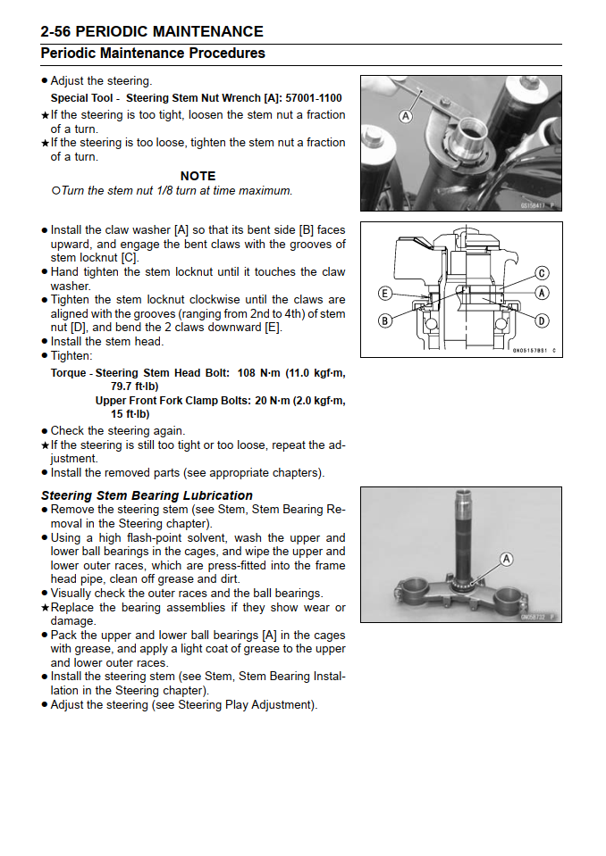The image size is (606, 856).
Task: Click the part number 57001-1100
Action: click(x=308, y=98)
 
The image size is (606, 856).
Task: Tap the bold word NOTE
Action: click(x=198, y=176)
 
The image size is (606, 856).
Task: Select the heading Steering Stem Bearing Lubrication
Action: click(x=147, y=495)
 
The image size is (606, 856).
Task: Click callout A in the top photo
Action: click(x=406, y=116)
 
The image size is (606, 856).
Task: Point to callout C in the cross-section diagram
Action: click(x=542, y=273)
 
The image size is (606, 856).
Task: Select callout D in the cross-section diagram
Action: click(x=542, y=320)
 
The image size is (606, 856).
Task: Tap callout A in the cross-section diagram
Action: click(x=542, y=293)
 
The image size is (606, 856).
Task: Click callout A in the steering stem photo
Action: click(x=506, y=560)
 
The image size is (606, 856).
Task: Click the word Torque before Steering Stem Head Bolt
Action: click(x=69, y=373)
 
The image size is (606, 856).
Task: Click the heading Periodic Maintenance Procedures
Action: click(x=153, y=54)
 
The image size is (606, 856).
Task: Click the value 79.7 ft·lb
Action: click(x=134, y=386)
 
